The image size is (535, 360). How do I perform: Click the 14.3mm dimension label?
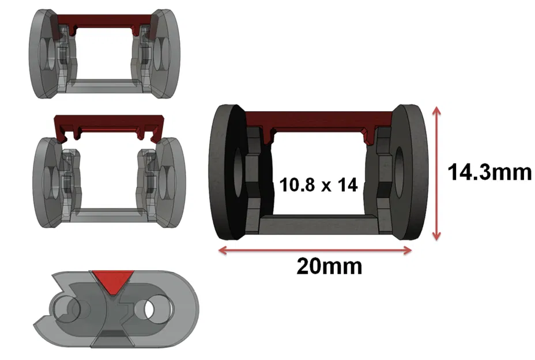click(x=489, y=172)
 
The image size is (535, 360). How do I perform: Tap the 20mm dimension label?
click(x=329, y=266)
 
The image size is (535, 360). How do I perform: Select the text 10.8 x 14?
click(x=318, y=185)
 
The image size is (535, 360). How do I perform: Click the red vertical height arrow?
click(x=438, y=173)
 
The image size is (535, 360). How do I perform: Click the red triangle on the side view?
click(x=113, y=280)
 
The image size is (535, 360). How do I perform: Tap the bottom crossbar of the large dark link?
click(x=318, y=222)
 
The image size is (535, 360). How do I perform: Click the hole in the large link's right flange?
click(x=399, y=168)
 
